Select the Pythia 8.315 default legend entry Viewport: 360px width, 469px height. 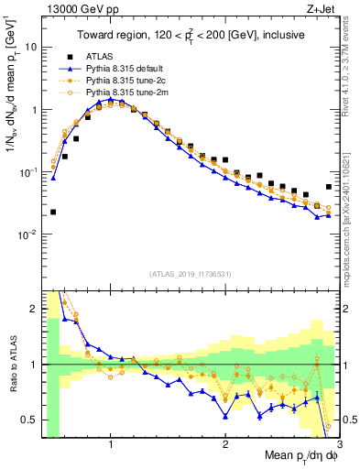click(x=125, y=69)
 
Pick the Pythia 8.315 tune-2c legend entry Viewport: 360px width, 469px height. click(x=125, y=81)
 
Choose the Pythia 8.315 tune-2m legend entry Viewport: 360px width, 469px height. click(x=125, y=93)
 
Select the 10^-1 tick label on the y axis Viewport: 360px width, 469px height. click(x=28, y=171)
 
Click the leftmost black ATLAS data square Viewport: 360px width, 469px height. click(x=53, y=212)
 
